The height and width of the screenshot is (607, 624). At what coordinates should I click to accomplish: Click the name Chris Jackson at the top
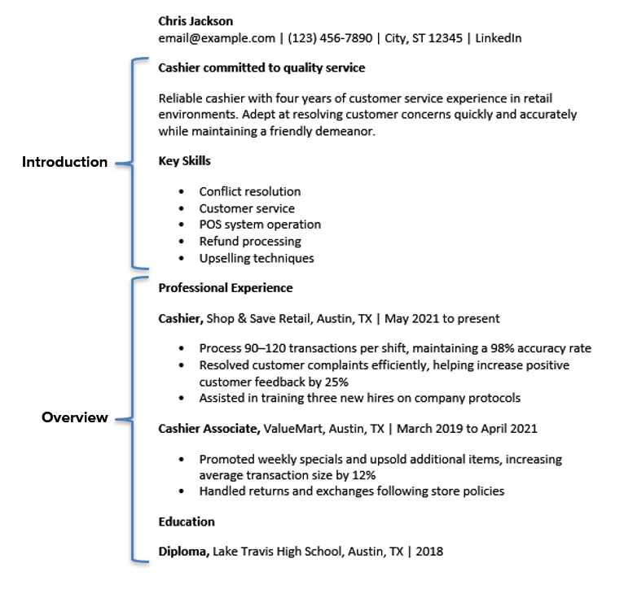196,21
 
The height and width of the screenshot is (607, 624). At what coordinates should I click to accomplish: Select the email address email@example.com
217,38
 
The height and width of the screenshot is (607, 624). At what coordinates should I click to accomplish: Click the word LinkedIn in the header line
499,38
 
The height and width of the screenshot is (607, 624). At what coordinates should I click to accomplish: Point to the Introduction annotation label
64,162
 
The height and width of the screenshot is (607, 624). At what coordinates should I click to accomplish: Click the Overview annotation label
75,417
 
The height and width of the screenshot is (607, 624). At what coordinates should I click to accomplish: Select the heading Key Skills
184,161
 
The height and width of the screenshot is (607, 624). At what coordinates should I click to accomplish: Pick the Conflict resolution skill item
249,192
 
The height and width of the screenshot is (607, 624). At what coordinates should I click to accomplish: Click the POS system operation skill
260,225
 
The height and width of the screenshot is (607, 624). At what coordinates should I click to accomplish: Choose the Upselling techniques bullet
256,259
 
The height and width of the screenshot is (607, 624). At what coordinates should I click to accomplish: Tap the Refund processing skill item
249,242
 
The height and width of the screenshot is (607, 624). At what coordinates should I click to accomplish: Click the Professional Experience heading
225,288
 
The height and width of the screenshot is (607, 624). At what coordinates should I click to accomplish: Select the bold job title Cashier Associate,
209,429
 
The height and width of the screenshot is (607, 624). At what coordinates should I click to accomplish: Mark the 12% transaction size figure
363,475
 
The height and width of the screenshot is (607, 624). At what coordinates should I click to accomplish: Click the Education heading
187,522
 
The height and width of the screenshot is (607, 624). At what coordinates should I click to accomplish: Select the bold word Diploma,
184,552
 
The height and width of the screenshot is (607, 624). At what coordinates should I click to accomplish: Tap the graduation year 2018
428,552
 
